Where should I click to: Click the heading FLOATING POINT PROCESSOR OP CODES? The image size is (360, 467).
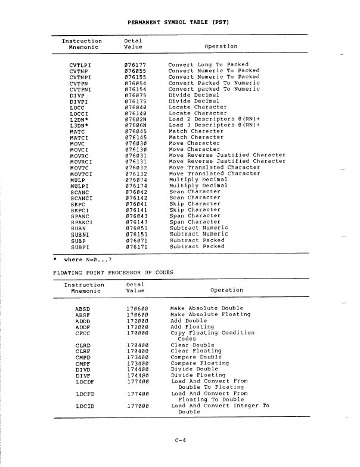tap(113, 273)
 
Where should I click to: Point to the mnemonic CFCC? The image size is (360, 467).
tap(82, 333)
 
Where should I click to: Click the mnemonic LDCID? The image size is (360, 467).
tap(85, 406)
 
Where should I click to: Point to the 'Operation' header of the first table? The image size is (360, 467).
tap(221, 47)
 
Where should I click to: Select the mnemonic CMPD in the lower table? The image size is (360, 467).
tap(83, 357)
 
